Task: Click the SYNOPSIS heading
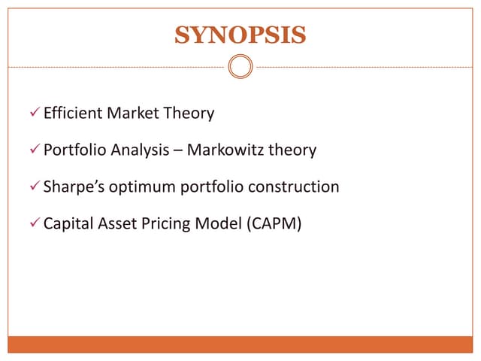coord(240,35)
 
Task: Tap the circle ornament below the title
coord(240,68)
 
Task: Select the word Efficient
coord(73,114)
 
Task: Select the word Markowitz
coord(225,150)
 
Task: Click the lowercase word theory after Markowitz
coord(292,150)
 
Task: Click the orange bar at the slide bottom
coord(240,344)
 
